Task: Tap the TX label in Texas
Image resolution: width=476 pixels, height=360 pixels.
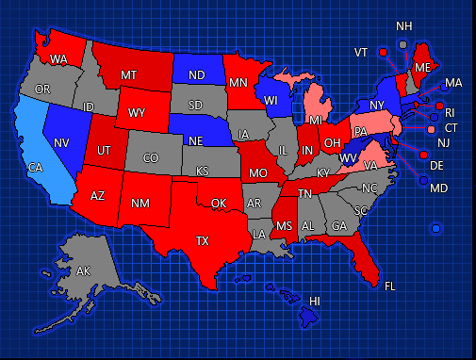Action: coord(202,240)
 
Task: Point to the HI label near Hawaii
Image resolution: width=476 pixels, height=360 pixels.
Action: coord(315,301)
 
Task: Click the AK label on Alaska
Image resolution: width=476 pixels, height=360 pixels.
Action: coord(84,271)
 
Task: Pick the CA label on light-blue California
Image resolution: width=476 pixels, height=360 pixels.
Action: coord(35,168)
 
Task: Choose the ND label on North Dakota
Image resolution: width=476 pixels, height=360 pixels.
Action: coord(197,75)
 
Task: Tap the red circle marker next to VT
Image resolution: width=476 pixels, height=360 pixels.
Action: coord(383,51)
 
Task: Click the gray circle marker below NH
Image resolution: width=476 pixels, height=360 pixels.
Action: coord(402,43)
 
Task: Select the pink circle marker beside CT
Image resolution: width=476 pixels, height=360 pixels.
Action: coord(432,129)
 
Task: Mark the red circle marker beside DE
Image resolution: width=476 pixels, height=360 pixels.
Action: coord(423,155)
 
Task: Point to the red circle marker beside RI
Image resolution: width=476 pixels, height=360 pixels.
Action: coord(439,105)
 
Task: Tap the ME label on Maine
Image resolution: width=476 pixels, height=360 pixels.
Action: coord(422,68)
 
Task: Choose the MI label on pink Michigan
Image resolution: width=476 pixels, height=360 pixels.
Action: coord(316,122)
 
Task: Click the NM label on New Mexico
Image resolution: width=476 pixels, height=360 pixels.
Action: coord(140,203)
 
